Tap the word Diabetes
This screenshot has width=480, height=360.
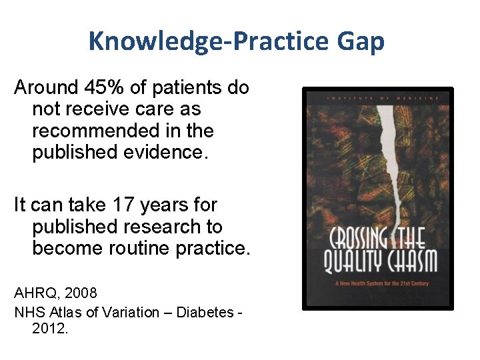coord(204,312)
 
